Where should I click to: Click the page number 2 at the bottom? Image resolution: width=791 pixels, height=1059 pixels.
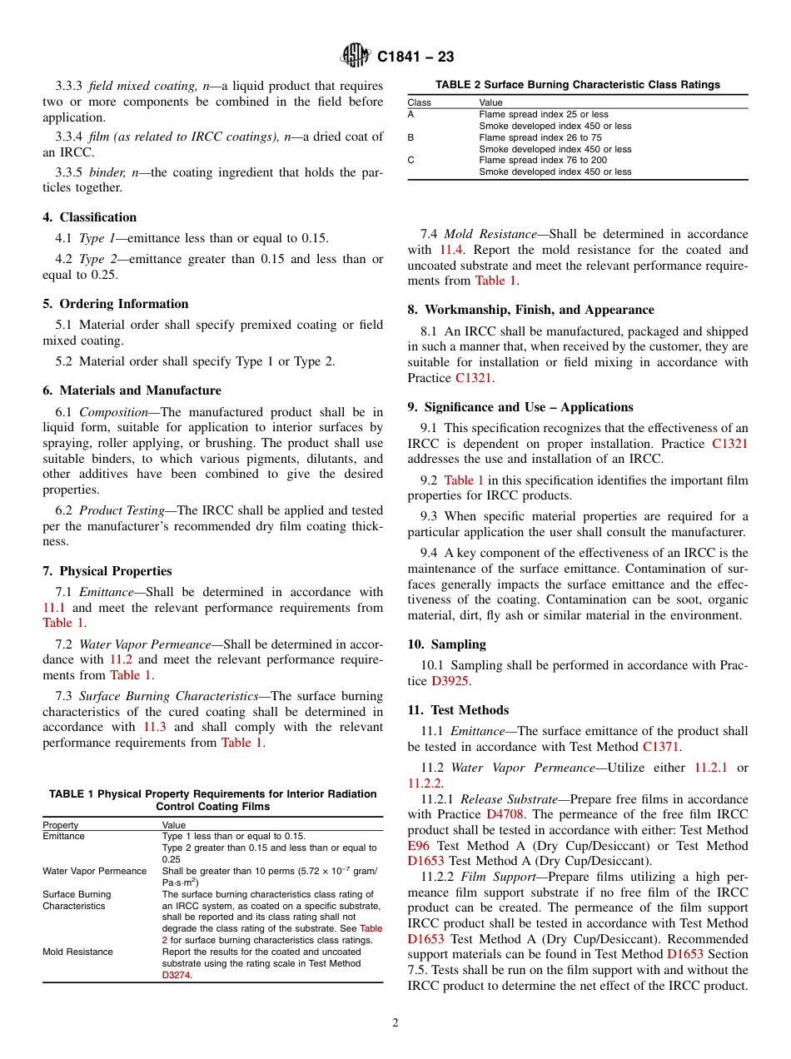395,1023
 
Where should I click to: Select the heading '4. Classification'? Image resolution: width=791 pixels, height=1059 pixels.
89,217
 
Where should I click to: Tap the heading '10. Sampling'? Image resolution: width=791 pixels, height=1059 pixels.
446,644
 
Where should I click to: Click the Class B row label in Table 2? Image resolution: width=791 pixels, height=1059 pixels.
411,137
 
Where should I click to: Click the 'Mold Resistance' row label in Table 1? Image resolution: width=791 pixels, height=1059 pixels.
79,952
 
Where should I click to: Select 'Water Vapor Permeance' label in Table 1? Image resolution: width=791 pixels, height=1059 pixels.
94,871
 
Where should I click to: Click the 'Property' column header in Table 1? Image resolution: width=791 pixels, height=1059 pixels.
61,825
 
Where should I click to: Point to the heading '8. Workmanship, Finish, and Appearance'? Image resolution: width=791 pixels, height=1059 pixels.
530,310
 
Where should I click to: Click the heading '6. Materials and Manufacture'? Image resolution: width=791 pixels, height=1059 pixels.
132,390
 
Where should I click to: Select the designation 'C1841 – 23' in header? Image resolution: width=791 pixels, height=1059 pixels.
415,57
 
